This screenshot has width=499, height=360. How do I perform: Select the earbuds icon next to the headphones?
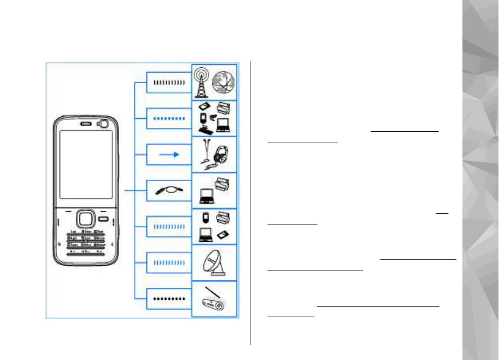tap(204, 151)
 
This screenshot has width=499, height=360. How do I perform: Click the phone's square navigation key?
tap(85, 219)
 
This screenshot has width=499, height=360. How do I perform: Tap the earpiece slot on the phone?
tap(84, 125)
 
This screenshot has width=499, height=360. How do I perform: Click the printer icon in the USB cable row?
tap(223, 185)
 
